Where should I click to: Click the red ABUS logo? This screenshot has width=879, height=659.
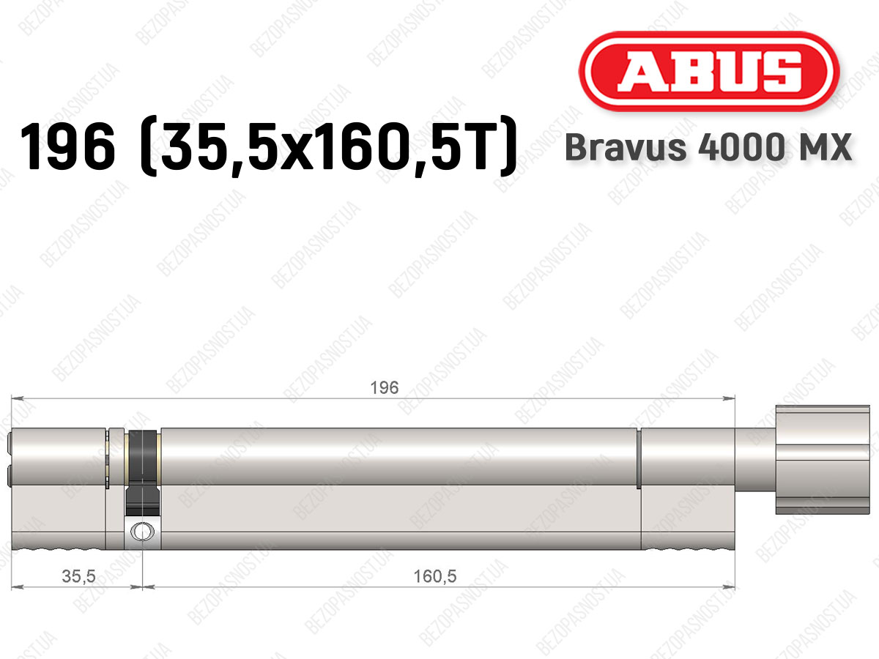tap(709, 72)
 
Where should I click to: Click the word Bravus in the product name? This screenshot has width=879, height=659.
tap(626, 147)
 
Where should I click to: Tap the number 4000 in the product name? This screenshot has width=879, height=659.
tap(741, 147)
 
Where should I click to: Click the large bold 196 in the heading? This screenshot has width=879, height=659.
tap(68, 146)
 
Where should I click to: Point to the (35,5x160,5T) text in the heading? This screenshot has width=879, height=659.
tap(328, 146)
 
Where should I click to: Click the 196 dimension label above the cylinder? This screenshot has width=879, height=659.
tap(384, 388)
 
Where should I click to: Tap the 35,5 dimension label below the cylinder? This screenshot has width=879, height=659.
tap(78, 576)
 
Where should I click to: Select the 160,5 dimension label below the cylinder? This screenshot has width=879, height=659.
tap(435, 576)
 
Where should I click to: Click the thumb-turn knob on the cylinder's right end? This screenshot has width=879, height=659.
tap(823, 460)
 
